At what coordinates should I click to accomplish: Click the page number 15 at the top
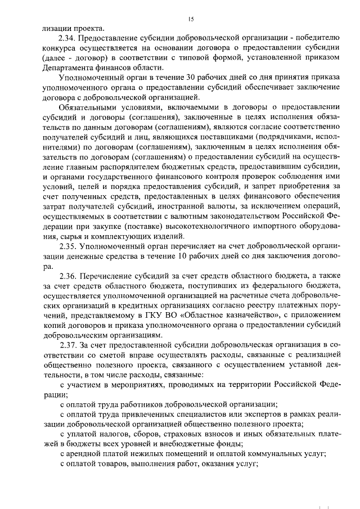click(x=191, y=19)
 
